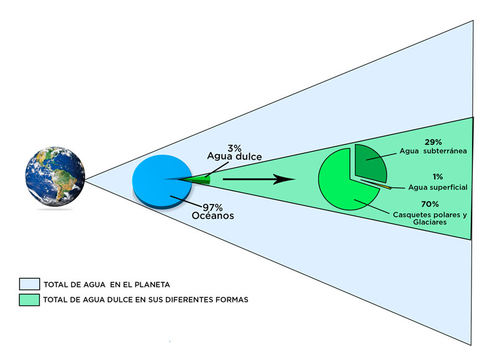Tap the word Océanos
click(x=213, y=216)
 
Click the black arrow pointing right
click(x=258, y=180)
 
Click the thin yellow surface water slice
click(x=381, y=185)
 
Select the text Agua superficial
click(x=438, y=187)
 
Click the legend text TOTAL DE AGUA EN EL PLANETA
click(x=106, y=285)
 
